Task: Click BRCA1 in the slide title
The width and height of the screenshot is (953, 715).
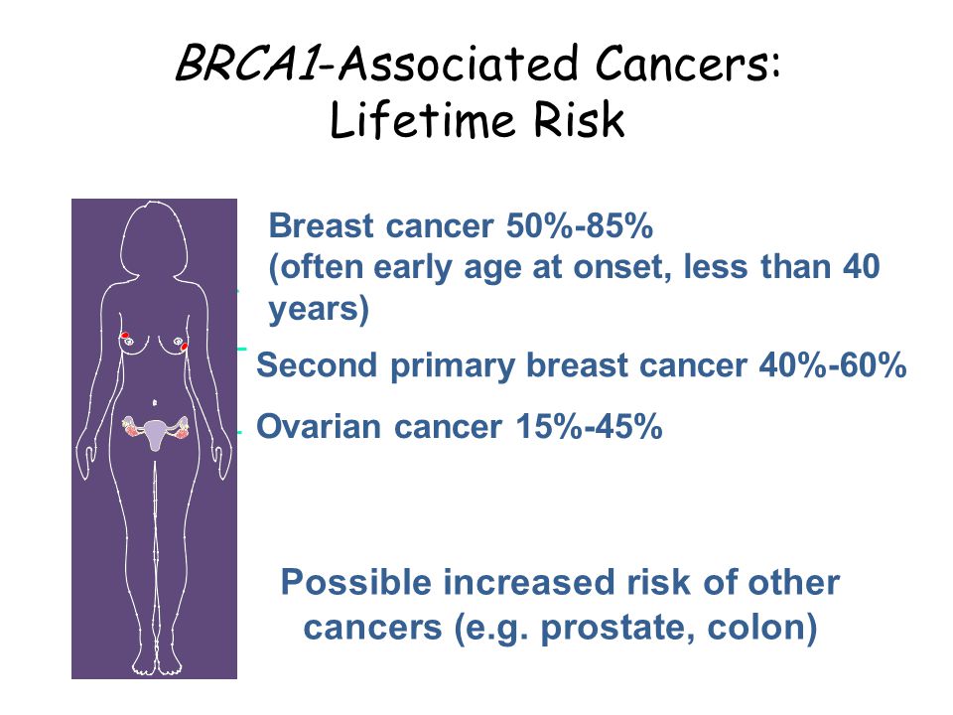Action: tap(247, 63)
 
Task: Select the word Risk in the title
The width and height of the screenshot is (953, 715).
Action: tap(579, 120)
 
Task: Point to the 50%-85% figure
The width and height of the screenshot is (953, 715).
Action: tap(580, 226)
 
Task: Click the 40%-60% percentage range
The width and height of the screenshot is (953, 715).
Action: tap(833, 365)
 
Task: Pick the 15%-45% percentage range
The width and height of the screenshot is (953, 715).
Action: tap(589, 426)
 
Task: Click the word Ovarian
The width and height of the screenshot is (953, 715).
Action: tap(319, 426)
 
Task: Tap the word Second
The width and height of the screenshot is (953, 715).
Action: tap(317, 365)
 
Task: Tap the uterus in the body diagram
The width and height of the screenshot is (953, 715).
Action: tap(156, 434)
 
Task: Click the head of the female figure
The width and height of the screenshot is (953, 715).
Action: tap(152, 238)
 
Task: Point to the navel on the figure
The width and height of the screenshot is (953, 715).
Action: tap(155, 402)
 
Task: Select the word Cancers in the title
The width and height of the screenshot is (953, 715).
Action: tap(687, 63)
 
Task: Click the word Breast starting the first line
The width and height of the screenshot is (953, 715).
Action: tap(321, 226)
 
